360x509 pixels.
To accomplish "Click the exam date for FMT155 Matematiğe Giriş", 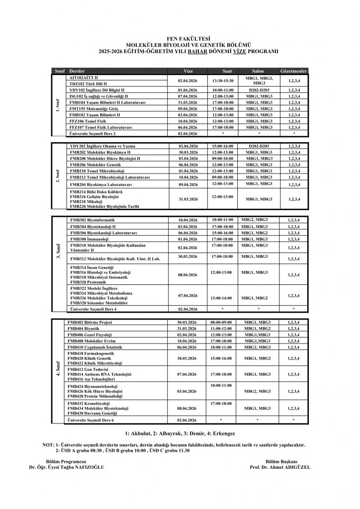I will coord(188,108).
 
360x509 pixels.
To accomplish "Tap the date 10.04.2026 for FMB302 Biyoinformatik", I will coord(188,220).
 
